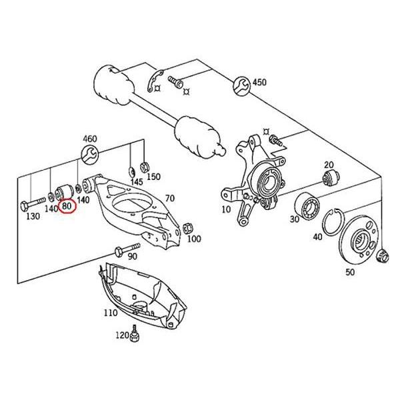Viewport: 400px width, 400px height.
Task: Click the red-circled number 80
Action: pos(67,206)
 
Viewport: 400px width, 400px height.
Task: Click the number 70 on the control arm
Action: pos(169,198)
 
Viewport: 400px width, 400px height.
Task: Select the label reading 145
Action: pos(136,182)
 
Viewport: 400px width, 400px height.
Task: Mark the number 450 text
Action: pos(259,83)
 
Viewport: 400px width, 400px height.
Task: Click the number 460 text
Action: pos(89,139)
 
